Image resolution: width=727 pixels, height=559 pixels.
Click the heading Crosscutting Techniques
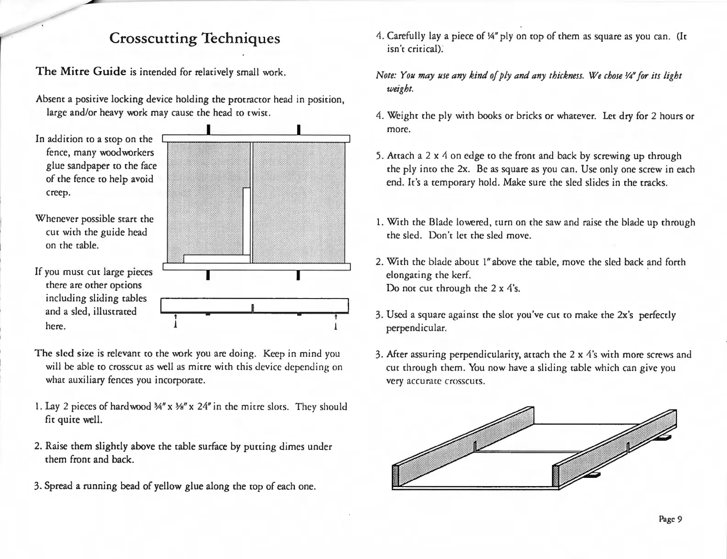point(194,38)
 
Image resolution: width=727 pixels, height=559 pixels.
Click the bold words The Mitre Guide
point(81,72)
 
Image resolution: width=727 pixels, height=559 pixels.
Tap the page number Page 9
point(671,519)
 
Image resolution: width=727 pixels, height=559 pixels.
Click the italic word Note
point(385,75)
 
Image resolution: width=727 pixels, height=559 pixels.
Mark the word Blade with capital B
point(440,223)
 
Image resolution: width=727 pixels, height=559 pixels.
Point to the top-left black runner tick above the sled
point(208,130)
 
